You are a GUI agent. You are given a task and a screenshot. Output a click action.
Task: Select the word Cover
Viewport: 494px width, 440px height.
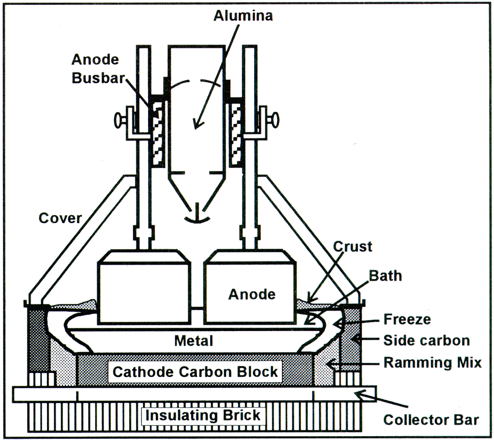60,218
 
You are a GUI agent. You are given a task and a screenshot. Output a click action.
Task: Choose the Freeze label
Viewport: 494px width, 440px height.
407,320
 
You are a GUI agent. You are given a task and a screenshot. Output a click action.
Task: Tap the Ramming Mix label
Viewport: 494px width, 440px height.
432,363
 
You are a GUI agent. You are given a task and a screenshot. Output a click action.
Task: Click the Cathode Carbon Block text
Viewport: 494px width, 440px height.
195,372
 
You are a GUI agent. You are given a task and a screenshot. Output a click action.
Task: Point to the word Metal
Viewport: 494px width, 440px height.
194,340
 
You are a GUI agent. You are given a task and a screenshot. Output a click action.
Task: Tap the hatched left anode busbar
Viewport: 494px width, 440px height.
157,131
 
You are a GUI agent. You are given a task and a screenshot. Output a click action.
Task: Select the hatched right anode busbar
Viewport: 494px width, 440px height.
236,131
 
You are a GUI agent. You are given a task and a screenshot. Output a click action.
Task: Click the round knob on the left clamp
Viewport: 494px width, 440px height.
118,119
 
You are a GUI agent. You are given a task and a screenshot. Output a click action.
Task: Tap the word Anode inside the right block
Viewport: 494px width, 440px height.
252,294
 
